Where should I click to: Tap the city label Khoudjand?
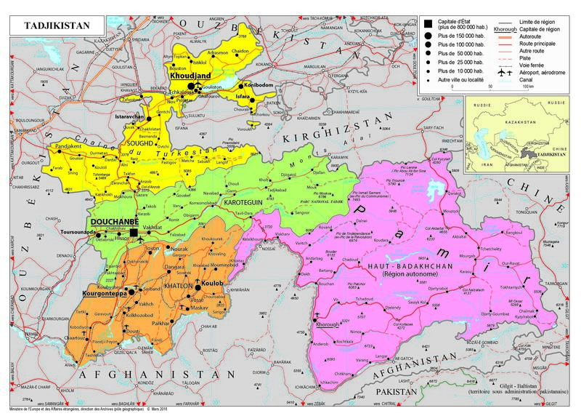tap(190, 75)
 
